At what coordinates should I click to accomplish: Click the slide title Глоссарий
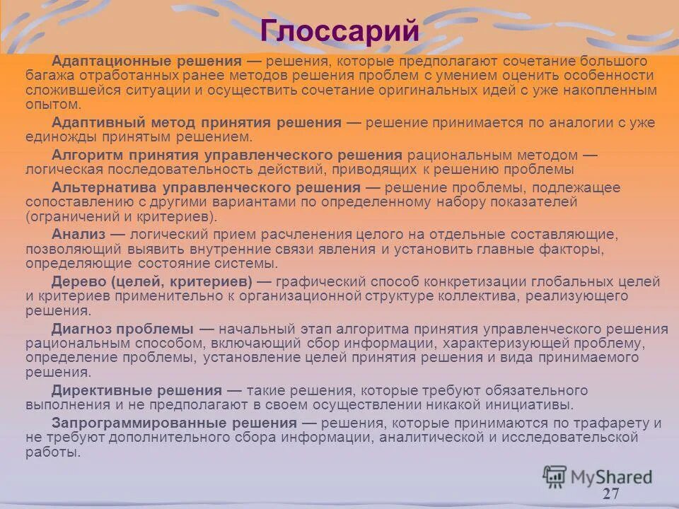(339, 31)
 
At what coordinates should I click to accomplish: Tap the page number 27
(611, 493)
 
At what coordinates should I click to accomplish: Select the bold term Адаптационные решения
(147, 61)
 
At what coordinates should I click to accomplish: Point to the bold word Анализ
(79, 234)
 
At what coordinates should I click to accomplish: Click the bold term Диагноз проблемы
(122, 329)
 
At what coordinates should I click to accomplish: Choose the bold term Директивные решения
(137, 391)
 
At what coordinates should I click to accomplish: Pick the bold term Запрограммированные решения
(174, 423)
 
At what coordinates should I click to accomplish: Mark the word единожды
(57, 137)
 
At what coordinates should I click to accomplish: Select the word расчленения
(335, 234)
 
